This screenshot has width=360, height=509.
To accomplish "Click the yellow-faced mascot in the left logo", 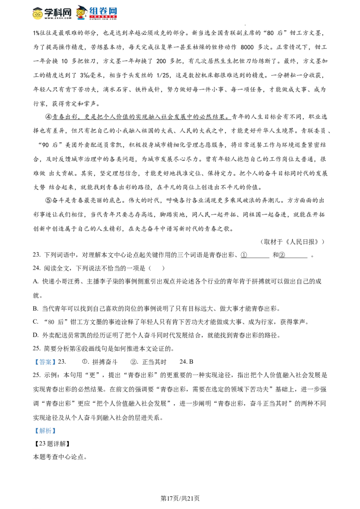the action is pos(38,14).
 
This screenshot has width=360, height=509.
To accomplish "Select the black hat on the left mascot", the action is pos(38,7).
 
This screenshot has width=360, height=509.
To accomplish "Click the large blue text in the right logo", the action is pos(103,10).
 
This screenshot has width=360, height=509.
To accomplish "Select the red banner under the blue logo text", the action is pos(103,17).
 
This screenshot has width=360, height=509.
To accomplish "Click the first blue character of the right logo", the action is pos(93,10).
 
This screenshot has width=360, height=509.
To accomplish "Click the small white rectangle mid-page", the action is pos(130,275).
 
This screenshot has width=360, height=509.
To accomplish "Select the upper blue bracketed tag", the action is pos(45,362).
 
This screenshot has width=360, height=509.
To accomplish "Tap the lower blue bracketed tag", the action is pos(45,430).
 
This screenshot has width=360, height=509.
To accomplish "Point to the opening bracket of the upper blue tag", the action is pos(36,362).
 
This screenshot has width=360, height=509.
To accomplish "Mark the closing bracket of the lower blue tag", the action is pos(54,430).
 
